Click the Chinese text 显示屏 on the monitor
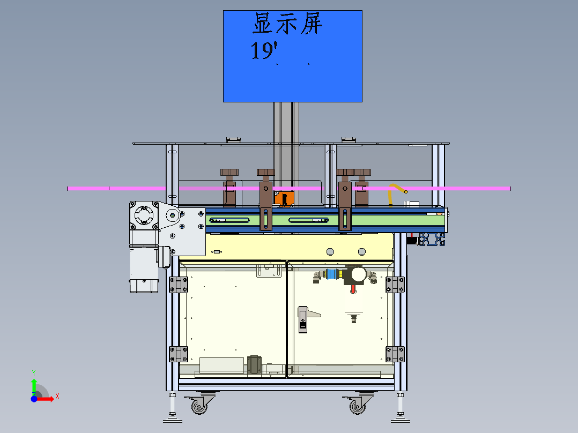[288, 25]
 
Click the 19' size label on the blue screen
[264, 51]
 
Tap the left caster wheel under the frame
[199, 406]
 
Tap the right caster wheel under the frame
[358, 406]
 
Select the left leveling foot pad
[172, 415]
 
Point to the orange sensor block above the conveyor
[283, 198]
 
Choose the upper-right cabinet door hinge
[395, 285]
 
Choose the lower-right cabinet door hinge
[395, 354]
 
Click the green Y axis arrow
[34, 384]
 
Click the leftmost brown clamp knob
[230, 173]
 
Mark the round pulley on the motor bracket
[172, 216]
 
